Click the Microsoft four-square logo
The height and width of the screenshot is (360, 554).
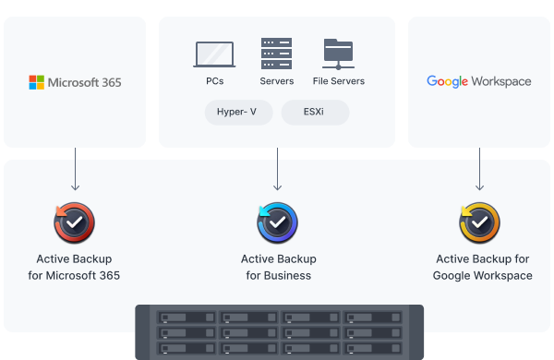[36, 82]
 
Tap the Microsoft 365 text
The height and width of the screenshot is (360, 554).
[84, 83]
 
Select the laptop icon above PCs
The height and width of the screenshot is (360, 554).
[214, 54]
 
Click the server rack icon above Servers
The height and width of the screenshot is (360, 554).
[277, 54]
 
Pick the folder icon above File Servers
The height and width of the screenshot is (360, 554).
[339, 54]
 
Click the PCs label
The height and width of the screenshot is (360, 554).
[215, 81]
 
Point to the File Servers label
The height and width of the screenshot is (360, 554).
[339, 81]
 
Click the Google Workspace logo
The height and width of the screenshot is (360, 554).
[478, 81]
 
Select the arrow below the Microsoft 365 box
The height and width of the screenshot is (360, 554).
[76, 169]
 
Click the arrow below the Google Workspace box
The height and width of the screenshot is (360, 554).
[479, 169]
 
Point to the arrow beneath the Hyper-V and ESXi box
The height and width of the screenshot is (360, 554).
[277, 169]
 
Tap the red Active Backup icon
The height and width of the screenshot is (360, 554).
[74, 222]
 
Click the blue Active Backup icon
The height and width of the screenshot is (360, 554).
[277, 222]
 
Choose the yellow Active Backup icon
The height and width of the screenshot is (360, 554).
[479, 222]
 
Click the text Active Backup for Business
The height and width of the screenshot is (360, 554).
[279, 267]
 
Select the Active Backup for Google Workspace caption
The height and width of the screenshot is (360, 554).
[483, 267]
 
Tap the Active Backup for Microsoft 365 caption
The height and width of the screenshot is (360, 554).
[74, 267]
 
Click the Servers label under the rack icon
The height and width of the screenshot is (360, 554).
[277, 81]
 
